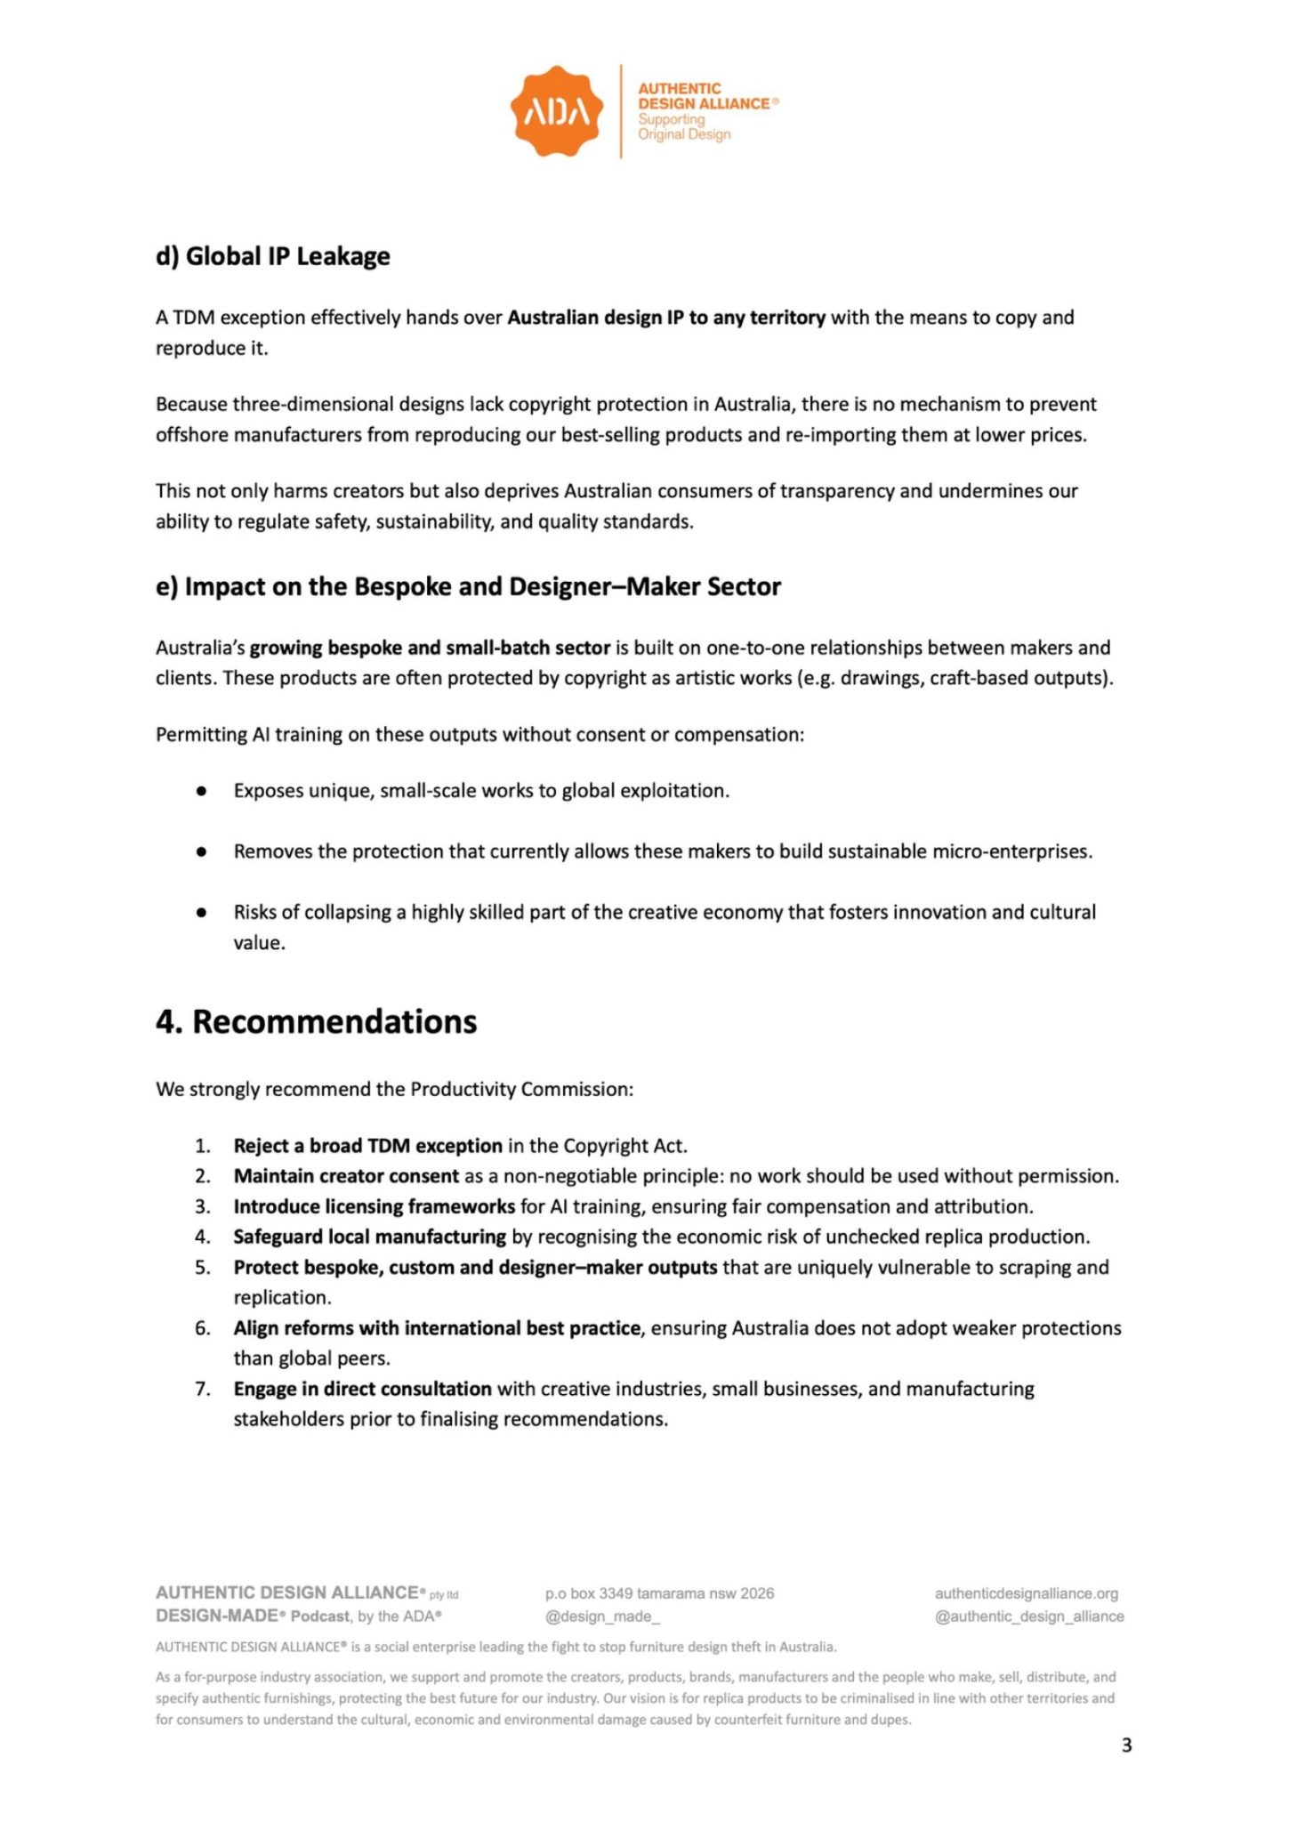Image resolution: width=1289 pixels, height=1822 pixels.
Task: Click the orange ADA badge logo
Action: click(x=556, y=111)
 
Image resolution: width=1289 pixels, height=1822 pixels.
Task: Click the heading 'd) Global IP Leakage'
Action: click(x=272, y=256)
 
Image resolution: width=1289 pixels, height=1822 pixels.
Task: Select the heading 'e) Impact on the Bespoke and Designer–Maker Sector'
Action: click(x=468, y=587)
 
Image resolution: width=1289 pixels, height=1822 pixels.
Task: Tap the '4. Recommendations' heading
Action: click(x=316, y=1021)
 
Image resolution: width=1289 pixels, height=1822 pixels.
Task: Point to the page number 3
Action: click(x=1126, y=1745)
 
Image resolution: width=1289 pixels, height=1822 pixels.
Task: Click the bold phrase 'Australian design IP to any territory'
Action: click(x=666, y=318)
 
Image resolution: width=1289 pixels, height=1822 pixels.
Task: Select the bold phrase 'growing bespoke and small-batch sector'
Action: click(x=430, y=648)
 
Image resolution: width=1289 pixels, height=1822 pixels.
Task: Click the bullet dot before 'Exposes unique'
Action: click(x=202, y=791)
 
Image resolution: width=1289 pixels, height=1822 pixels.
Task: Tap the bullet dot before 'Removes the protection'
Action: click(x=202, y=851)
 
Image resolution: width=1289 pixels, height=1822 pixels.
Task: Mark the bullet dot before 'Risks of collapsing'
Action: click(x=202, y=912)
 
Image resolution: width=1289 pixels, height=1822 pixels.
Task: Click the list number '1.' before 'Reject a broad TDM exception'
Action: click(x=203, y=1146)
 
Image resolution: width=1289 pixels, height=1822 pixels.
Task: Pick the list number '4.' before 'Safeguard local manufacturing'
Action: click(x=203, y=1237)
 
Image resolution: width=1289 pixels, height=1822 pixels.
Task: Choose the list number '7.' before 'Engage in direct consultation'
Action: click(x=203, y=1389)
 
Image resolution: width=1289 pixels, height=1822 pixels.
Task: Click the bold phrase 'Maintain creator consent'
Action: click(x=346, y=1176)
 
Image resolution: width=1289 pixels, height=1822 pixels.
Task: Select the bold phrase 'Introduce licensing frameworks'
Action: click(x=374, y=1206)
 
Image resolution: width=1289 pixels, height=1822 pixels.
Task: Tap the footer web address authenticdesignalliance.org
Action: click(x=1026, y=1593)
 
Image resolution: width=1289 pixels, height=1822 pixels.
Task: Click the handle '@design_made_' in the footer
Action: click(x=602, y=1616)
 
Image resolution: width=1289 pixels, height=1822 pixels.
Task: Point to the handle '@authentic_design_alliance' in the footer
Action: click(x=1029, y=1616)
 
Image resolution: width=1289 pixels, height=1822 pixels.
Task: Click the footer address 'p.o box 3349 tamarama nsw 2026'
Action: click(x=659, y=1593)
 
